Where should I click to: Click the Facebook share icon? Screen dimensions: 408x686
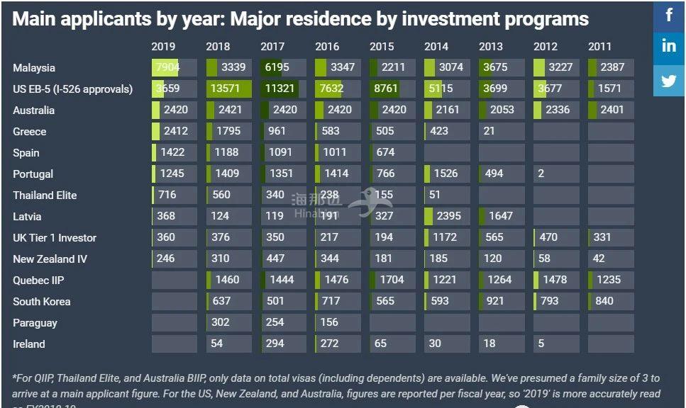669,15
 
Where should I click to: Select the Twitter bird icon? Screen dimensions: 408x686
669,80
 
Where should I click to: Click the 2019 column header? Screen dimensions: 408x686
163,47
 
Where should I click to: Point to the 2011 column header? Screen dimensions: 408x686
599,47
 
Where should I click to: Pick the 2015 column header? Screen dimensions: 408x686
382,47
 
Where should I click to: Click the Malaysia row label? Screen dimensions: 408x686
34,68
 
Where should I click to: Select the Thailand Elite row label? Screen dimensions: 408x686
45,195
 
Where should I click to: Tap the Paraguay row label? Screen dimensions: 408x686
35,323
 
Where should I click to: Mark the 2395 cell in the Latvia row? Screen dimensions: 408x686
447,217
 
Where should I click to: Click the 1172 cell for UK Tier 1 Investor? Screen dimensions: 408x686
447,238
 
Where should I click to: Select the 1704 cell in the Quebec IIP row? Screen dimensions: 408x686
392,280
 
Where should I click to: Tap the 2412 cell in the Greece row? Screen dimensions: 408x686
174,132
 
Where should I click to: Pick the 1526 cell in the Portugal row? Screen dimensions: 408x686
447,174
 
